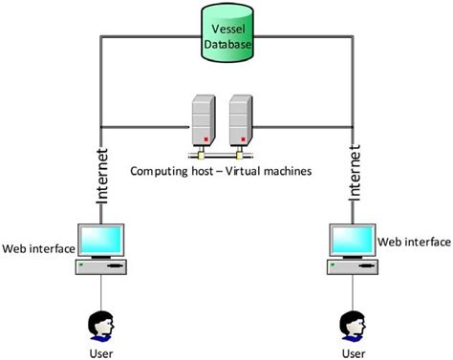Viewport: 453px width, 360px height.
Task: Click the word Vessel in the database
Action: (227, 30)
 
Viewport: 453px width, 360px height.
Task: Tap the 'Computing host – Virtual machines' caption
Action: (225, 172)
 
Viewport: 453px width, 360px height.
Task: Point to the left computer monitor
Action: (102, 240)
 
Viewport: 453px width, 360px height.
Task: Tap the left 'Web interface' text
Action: (38, 249)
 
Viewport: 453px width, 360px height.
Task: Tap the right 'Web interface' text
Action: (414, 243)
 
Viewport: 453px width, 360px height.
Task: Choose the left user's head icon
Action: (100, 325)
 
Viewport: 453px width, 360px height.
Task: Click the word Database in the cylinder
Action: (227, 43)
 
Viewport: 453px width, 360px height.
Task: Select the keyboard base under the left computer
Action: (102, 270)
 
